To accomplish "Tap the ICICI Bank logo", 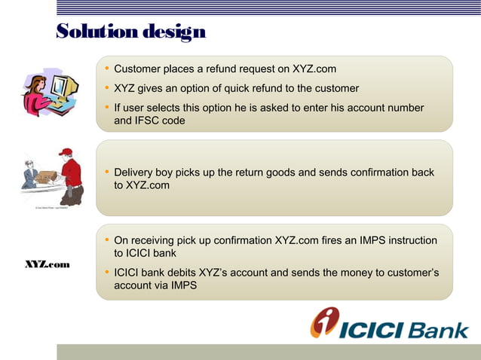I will pos(389,325).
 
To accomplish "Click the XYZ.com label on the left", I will pos(47,265).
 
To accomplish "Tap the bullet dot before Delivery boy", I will pos(107,172).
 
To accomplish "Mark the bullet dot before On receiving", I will pos(107,241).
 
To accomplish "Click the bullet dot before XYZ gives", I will pos(107,89).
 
